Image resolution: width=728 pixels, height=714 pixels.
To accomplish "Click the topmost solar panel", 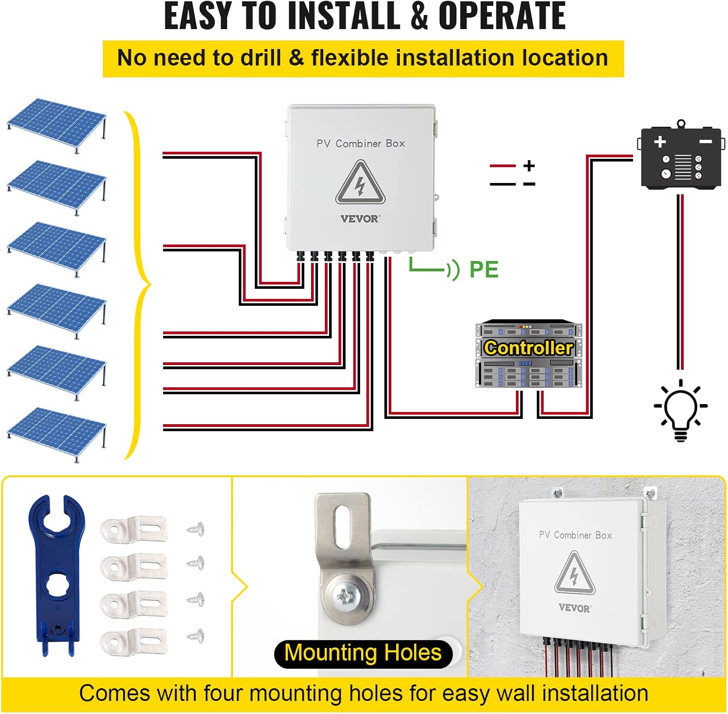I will pos(57,122).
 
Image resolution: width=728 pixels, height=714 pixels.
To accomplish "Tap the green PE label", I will pos(483,270).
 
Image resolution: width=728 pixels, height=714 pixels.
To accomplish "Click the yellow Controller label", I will pos(529,348).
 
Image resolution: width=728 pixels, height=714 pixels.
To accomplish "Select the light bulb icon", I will pos(680,411).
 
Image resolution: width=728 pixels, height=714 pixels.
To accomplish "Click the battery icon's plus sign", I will pos(660,142).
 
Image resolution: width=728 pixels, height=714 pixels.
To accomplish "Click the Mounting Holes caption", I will pos(363,653).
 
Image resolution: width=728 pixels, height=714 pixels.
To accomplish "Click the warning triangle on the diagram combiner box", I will pos(360,183).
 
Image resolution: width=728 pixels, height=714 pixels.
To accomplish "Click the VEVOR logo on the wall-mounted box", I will pos(574,608).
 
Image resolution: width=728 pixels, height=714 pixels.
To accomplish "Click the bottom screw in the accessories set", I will pos(196,634).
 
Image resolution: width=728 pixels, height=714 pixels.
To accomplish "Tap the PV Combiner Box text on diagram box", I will pos(360,144).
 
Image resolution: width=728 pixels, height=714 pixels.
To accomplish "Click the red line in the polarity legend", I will pos(502,166).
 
